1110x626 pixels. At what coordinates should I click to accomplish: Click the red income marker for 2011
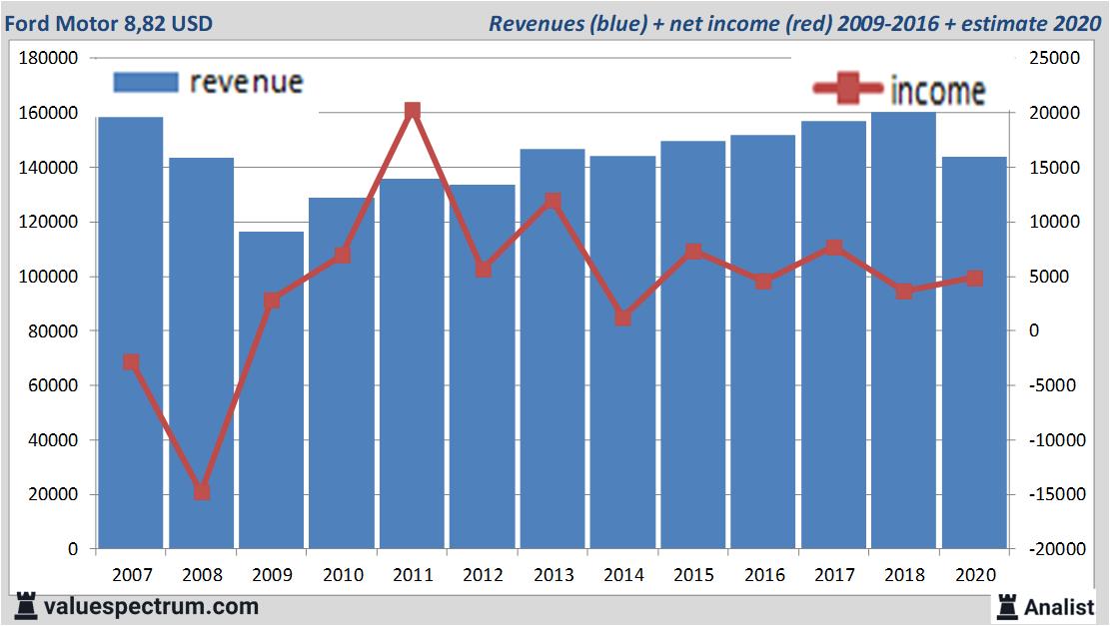(x=413, y=111)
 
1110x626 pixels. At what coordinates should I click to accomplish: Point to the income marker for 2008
(x=201, y=491)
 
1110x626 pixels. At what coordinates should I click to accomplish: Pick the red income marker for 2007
(x=131, y=362)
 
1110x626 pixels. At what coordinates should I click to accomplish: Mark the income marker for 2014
(x=622, y=317)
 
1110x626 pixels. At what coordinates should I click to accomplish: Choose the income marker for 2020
(x=974, y=279)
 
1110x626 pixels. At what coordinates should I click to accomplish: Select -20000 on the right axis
(x=1048, y=549)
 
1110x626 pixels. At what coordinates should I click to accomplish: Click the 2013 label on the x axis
(x=553, y=575)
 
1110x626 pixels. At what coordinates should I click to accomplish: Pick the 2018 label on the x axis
(x=903, y=575)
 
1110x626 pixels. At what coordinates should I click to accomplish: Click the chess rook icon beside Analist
(x=1007, y=606)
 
